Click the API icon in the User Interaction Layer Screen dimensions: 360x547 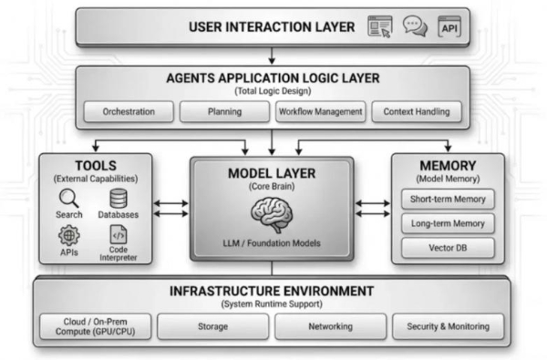click(449, 27)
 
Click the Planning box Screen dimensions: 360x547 click(223, 112)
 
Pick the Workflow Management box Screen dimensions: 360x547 click(320, 112)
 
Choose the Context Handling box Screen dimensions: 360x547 click(416, 112)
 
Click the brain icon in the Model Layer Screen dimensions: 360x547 click(271, 215)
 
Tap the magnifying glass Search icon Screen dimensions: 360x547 click(69, 198)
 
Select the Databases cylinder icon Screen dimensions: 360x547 click(118, 198)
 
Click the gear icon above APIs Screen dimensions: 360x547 click(69, 235)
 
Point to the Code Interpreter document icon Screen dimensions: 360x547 click(118, 235)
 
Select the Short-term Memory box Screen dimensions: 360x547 click(448, 199)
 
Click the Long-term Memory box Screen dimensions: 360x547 click(448, 223)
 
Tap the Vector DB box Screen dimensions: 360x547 click(448, 248)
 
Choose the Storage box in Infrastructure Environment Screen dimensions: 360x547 click(214, 326)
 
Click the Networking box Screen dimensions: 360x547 click(331, 326)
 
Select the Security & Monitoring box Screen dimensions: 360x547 click(448, 326)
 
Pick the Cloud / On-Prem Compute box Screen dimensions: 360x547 click(96, 326)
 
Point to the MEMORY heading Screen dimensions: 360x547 click(448, 166)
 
